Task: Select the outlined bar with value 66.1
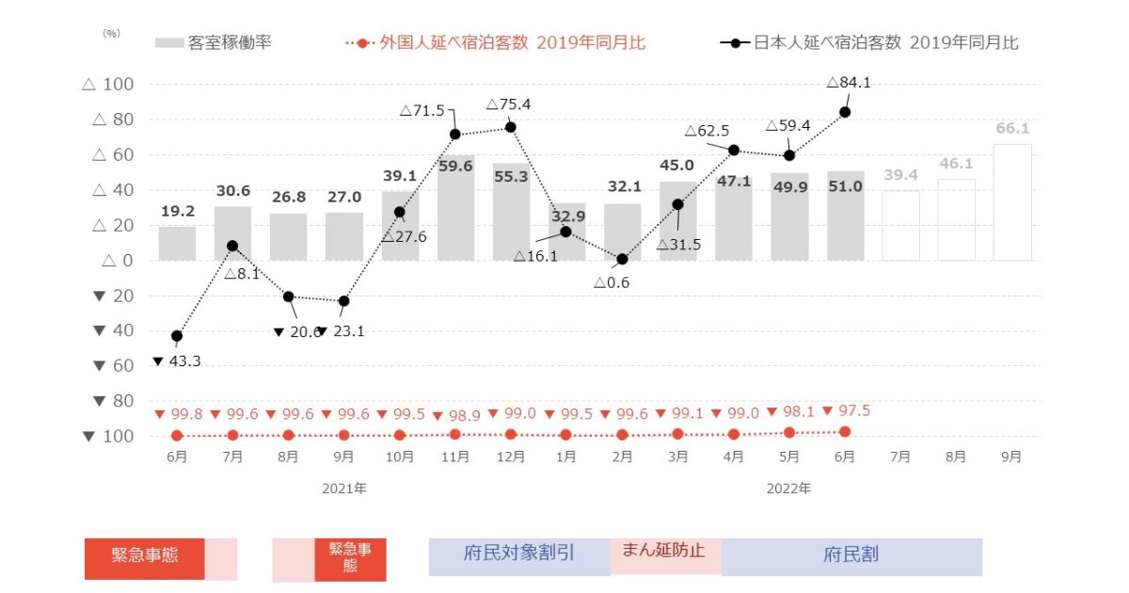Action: click(x=1011, y=202)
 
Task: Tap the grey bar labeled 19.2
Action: click(x=177, y=243)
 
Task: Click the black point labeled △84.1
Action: click(x=845, y=112)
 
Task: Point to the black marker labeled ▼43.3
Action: click(x=177, y=336)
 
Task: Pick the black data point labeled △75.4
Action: click(x=510, y=127)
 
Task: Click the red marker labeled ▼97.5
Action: click(x=845, y=431)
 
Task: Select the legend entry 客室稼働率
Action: click(x=215, y=42)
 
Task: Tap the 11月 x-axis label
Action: click(x=454, y=457)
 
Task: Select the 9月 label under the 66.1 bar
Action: click(x=1011, y=457)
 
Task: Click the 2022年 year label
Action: click(x=788, y=489)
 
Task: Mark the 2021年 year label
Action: click(x=343, y=489)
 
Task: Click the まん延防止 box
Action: click(x=664, y=551)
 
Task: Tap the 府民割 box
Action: click(x=851, y=554)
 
